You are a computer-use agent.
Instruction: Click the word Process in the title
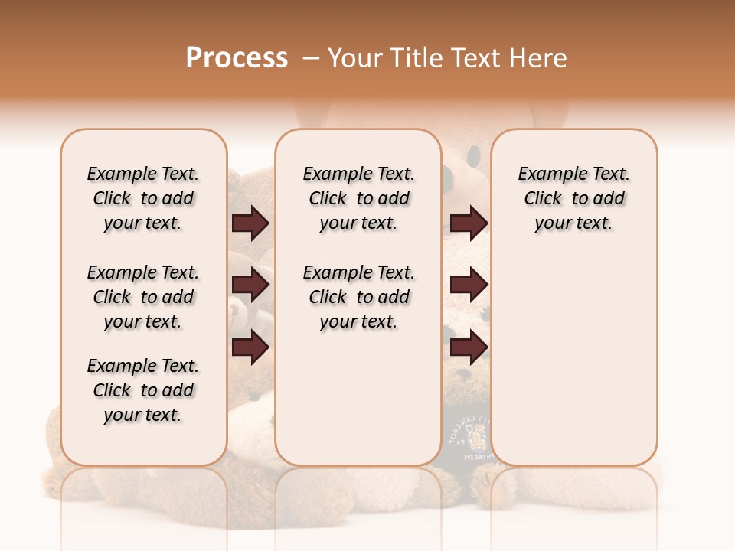pyautogui.click(x=237, y=58)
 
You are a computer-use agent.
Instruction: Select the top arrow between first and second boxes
pyautogui.click(x=250, y=223)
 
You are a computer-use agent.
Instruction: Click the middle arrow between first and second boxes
pyautogui.click(x=250, y=285)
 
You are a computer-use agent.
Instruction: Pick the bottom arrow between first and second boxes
pyautogui.click(x=250, y=347)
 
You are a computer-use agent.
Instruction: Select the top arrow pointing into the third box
pyautogui.click(x=469, y=223)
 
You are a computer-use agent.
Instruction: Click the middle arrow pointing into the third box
pyautogui.click(x=469, y=285)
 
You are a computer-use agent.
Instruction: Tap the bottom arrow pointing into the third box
pyautogui.click(x=469, y=347)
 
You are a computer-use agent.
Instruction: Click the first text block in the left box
pyautogui.click(x=143, y=198)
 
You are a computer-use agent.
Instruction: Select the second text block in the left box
pyautogui.click(x=143, y=297)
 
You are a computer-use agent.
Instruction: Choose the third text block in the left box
pyautogui.click(x=143, y=390)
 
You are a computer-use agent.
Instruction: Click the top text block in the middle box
pyautogui.click(x=358, y=198)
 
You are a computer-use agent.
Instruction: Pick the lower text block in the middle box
pyautogui.click(x=358, y=297)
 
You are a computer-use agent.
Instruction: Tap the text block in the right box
pyautogui.click(x=573, y=198)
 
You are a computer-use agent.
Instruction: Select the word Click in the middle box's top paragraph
pyautogui.click(x=328, y=199)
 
